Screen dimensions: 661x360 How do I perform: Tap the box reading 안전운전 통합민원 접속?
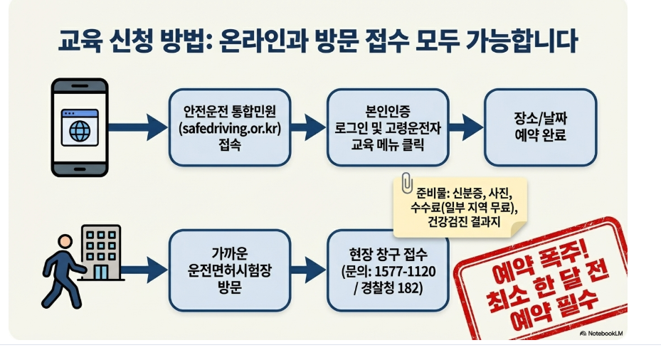pyautogui.click(x=229, y=127)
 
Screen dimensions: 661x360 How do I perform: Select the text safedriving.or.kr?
pyautogui.click(x=230, y=127)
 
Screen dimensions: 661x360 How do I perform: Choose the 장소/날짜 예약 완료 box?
pyautogui.click(x=539, y=127)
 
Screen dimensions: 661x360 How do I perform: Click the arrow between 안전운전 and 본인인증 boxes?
pyautogui.click(x=307, y=127)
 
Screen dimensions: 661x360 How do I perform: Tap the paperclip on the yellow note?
pyautogui.click(x=406, y=181)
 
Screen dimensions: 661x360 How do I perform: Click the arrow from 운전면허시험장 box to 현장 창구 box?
pyautogui.click(x=307, y=269)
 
